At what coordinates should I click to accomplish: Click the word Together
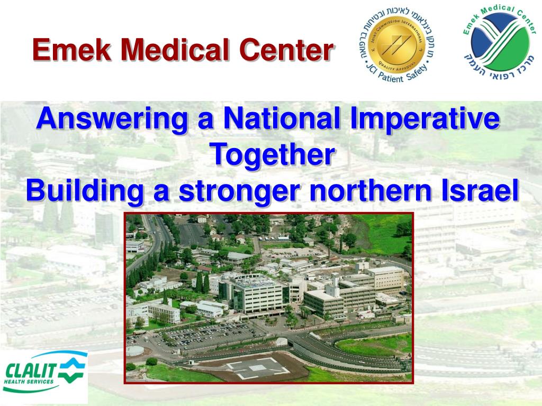(273, 154)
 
